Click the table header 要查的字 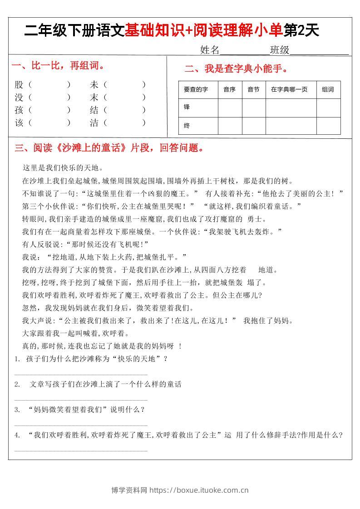tap(196, 90)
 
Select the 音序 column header tap(229, 90)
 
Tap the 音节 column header tap(253, 90)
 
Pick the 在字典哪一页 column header tap(289, 90)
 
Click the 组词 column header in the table tap(328, 90)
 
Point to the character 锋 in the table tap(187, 108)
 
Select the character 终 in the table tap(187, 126)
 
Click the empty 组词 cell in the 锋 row tap(328, 108)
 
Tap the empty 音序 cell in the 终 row tap(230, 126)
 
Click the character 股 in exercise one tap(19, 84)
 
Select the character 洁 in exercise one tap(94, 122)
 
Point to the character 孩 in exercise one tap(19, 110)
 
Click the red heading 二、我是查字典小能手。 tap(236, 69)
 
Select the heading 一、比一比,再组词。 tap(58, 66)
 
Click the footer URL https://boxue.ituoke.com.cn tap(199, 490)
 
